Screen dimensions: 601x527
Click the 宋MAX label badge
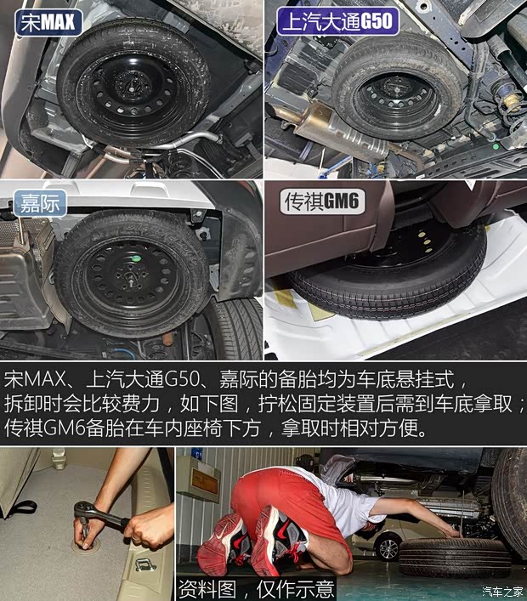pyautogui.click(x=48, y=20)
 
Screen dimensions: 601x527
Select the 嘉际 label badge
pyautogui.click(x=40, y=203)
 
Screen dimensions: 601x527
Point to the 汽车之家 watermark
pyautogui.click(x=501, y=591)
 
